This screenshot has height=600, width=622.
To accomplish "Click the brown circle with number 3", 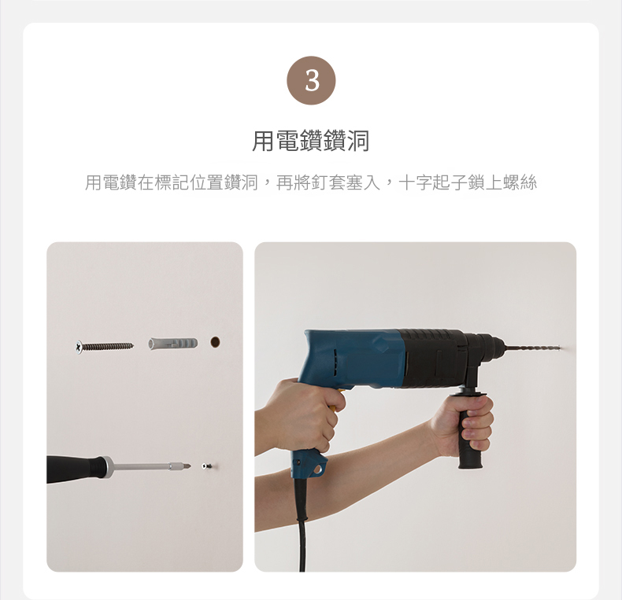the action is coord(311,80).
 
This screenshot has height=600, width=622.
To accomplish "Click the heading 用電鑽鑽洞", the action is coord(311,141).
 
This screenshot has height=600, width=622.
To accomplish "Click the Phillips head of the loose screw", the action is coord(80,347).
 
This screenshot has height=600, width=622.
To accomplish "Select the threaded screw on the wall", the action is coord(105,346).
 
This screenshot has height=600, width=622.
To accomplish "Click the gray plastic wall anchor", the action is coord(173,343).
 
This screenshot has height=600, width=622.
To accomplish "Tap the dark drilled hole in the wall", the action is coord(215,342).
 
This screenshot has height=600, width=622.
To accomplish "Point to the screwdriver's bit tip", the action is coord(187,466).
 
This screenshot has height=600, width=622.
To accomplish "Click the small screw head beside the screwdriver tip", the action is coord(205,466).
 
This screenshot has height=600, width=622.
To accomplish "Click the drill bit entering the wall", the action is coord(531,348).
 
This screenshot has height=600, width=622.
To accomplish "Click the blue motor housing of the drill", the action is coord(351,359).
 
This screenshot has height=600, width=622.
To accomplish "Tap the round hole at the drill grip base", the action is coord(317,470).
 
